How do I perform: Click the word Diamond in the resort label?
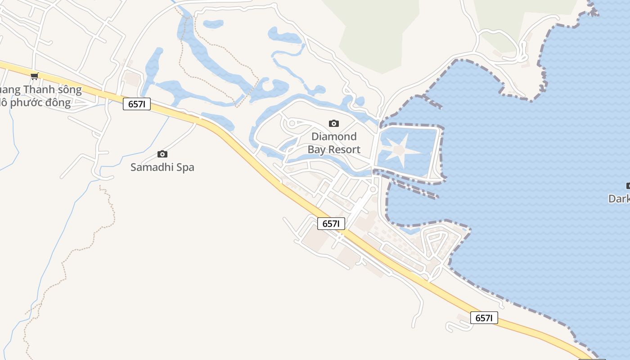334,136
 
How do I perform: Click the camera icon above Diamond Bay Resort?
334,123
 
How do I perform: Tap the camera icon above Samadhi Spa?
162,154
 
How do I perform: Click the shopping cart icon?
35,76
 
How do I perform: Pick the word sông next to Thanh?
69,90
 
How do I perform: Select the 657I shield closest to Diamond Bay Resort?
331,224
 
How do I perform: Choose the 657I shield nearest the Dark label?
484,318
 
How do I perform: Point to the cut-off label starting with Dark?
619,198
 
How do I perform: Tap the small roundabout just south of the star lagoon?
373,189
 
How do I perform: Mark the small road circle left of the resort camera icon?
292,123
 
